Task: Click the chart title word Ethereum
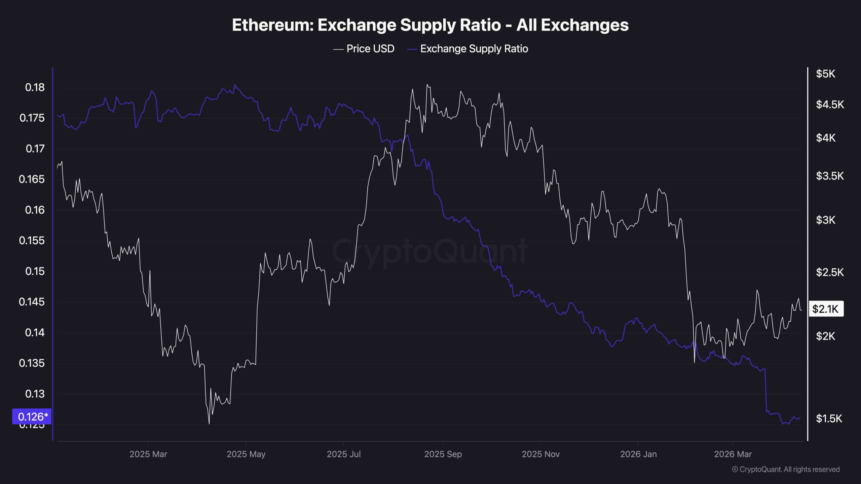(x=273, y=25)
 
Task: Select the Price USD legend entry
(x=370, y=49)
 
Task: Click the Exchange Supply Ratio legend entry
(x=474, y=49)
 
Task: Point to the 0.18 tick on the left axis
(x=35, y=87)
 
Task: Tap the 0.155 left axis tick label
(x=32, y=241)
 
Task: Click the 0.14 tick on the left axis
(x=35, y=333)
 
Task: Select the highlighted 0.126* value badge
(x=32, y=417)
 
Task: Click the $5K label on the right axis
(x=825, y=74)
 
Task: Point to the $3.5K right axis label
(x=830, y=176)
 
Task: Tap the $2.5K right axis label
(x=830, y=272)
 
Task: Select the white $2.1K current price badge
(x=826, y=309)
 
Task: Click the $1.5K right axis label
(x=829, y=419)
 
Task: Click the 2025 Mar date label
(x=148, y=454)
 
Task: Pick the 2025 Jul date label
(x=343, y=454)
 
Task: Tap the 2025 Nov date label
(x=540, y=454)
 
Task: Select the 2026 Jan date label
(x=638, y=454)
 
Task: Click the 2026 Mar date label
(x=733, y=454)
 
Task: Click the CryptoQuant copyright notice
(x=786, y=470)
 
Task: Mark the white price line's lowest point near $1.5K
(x=209, y=424)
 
